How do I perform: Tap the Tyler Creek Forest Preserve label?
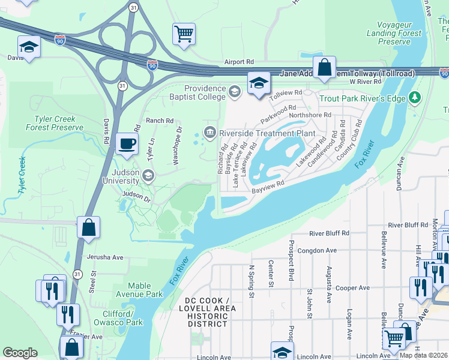55,122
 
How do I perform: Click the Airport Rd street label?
240,62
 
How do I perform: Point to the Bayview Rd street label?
267,189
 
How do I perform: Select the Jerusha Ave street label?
105,257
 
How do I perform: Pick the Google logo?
20,353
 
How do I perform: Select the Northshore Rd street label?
310,115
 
